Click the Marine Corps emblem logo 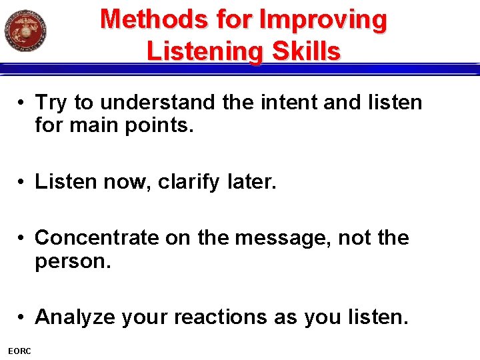pos(25,30)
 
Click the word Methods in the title pos(154,19)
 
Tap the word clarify pos(188,181)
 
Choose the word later pos(251,181)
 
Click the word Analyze pos(75,317)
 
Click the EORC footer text pos(19,351)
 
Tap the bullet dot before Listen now pos(23,181)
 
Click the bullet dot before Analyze pos(23,317)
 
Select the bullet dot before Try pos(23,103)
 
